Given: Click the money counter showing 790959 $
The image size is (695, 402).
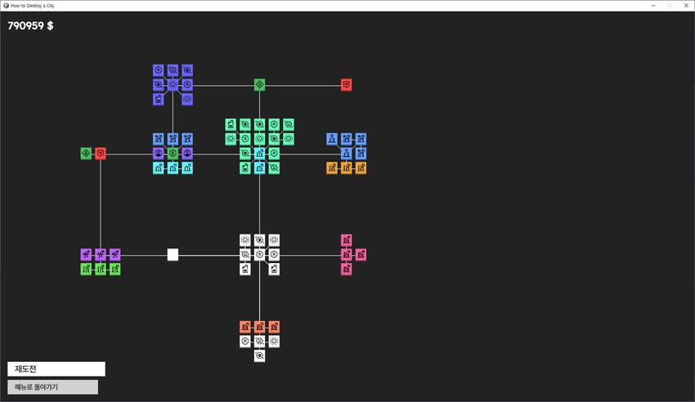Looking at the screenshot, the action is click(x=30, y=25).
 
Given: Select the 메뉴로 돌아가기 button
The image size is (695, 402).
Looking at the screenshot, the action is click(x=53, y=387).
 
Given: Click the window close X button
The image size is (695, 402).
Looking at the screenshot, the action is click(x=686, y=6).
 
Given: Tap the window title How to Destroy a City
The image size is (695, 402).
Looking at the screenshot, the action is click(x=33, y=6).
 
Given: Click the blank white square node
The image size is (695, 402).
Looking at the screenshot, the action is click(x=173, y=255).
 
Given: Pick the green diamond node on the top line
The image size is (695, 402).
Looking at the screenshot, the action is click(x=260, y=84).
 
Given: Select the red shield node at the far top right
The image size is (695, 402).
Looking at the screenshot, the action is click(x=347, y=84).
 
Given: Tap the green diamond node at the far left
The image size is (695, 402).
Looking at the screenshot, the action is click(x=86, y=154).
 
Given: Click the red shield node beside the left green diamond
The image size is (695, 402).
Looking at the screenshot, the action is click(x=101, y=154).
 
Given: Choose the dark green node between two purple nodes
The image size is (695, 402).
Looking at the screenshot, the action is click(x=173, y=154).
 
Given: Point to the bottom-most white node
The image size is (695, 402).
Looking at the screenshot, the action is click(x=260, y=356).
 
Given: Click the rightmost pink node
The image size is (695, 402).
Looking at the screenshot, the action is click(x=361, y=255).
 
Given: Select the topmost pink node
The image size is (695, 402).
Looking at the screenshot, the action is click(x=347, y=240).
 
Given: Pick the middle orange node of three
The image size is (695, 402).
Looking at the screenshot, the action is click(x=347, y=168).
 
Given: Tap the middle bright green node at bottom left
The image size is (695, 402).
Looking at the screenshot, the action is click(x=101, y=269).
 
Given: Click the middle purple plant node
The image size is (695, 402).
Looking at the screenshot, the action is click(x=101, y=255).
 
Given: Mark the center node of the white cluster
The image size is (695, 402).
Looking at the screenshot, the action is click(x=260, y=255).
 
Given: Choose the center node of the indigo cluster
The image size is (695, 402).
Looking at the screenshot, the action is click(x=173, y=84).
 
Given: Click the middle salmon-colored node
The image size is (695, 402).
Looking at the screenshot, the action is click(x=260, y=327).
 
